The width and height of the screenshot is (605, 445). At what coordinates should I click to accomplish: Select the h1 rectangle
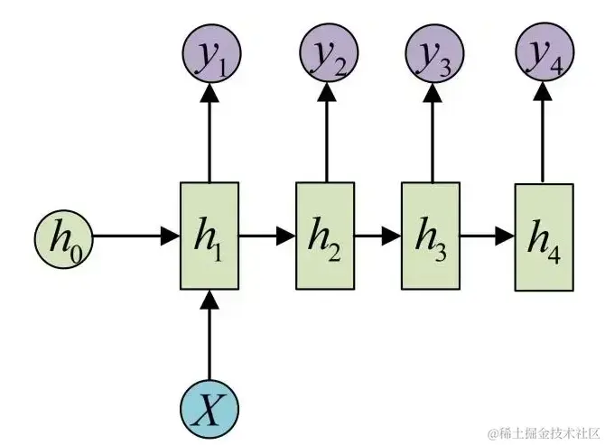pos(209,236)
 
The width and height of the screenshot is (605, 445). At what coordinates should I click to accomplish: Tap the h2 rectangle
pos(325,236)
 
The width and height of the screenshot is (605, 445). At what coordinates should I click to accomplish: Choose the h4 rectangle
pos(544,236)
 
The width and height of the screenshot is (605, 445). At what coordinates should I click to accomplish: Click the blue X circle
pos(209,411)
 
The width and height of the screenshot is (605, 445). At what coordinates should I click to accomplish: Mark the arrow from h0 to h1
pos(135,236)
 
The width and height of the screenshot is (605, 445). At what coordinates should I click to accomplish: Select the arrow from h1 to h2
pos(267,236)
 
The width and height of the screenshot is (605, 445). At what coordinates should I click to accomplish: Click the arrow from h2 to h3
pos(377,236)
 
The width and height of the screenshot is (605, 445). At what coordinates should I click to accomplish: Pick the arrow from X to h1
pos(209,338)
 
